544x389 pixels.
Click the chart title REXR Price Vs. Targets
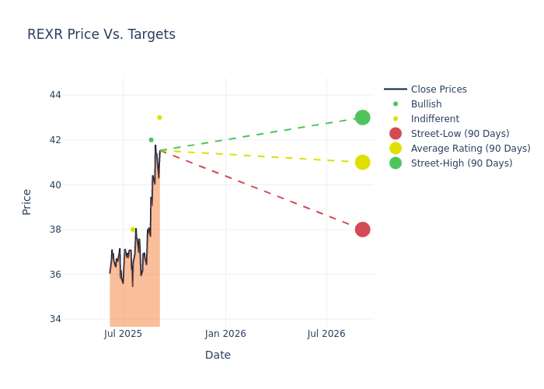pos(101,34)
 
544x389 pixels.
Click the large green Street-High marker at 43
pos(362,117)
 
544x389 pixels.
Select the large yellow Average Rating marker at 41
pos(362,162)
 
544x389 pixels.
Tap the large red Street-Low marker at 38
pos(362,230)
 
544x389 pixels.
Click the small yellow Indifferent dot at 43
pos(159,117)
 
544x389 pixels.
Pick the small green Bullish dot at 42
pos(151,140)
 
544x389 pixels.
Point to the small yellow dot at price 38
pos(132,230)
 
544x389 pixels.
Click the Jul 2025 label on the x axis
pos(123,334)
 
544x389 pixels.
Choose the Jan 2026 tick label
pos(225,334)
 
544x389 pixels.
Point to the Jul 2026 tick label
pos(326,334)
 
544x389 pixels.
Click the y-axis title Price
pos(27,202)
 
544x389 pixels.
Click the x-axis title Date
pos(218,355)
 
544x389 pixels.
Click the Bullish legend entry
pos(426,104)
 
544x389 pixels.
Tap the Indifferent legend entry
pos(434,119)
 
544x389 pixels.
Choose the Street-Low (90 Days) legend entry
pos(459,134)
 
